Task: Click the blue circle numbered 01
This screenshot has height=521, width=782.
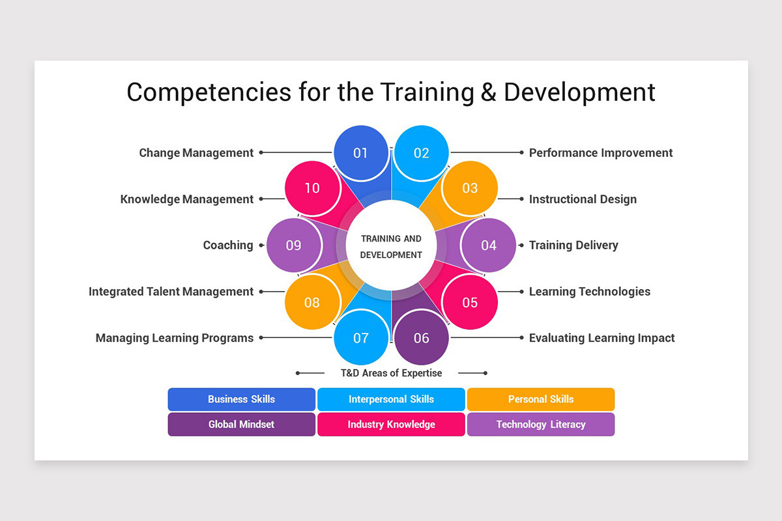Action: pos(360,153)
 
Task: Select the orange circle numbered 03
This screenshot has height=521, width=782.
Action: pos(470,188)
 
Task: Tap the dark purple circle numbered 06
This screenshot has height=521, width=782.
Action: pos(422,337)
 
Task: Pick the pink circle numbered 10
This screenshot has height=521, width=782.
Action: pos(312,188)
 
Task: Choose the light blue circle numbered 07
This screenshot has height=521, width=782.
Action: pos(360,337)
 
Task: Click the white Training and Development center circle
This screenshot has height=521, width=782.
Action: pos(391,247)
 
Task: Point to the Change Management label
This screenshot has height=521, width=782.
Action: pos(196,153)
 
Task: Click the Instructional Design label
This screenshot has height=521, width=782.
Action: pos(583,199)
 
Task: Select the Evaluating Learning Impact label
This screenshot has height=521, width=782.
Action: pos(601,338)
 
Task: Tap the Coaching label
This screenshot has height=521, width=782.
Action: pos(228,246)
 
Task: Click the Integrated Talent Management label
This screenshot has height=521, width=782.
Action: pos(171,292)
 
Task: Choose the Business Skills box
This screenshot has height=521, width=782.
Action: pos(241,399)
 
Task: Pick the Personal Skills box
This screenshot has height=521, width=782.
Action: pos(541,399)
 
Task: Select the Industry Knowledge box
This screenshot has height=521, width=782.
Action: pos(391,425)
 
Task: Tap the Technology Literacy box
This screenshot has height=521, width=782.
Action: pos(541,425)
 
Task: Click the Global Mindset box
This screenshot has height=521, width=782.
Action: pos(241,425)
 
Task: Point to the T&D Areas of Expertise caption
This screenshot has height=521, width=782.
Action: pos(391,373)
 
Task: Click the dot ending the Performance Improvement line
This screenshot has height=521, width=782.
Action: pos(521,153)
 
